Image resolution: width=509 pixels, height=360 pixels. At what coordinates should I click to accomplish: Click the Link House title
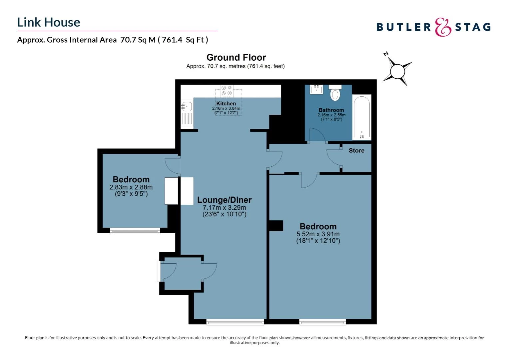tap(49, 22)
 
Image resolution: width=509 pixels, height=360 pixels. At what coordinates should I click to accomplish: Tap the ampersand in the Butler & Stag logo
tap(443, 27)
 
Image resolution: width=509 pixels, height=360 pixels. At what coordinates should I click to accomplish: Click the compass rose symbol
tap(397, 71)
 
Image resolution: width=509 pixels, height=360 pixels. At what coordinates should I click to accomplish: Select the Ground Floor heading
tap(236, 57)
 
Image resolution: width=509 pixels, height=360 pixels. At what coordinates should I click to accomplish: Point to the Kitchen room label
tap(226, 104)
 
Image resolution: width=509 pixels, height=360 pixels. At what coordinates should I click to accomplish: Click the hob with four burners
tap(227, 90)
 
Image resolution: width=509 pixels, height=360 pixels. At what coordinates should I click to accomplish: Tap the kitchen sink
tap(187, 107)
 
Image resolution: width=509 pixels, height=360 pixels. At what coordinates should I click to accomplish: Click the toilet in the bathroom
tap(335, 93)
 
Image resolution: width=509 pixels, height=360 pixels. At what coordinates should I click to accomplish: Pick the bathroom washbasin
tap(316, 89)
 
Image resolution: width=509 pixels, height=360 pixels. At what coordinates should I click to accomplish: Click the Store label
tap(356, 151)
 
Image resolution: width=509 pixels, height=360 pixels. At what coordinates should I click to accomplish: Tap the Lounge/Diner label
tap(224, 200)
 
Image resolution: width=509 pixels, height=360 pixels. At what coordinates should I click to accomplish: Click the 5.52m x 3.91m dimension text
tap(318, 234)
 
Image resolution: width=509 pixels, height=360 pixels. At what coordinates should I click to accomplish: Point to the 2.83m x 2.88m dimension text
tap(131, 187)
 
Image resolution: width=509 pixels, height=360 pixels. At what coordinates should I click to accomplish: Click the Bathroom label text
tap(331, 110)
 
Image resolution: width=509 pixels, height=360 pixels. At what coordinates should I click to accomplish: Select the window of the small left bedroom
tap(135, 231)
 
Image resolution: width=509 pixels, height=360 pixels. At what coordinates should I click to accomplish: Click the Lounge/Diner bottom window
tap(235, 322)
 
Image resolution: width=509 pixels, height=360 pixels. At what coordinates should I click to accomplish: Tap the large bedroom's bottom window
tap(322, 322)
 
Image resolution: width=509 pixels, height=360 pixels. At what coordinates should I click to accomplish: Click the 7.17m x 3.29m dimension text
tap(224, 207)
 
